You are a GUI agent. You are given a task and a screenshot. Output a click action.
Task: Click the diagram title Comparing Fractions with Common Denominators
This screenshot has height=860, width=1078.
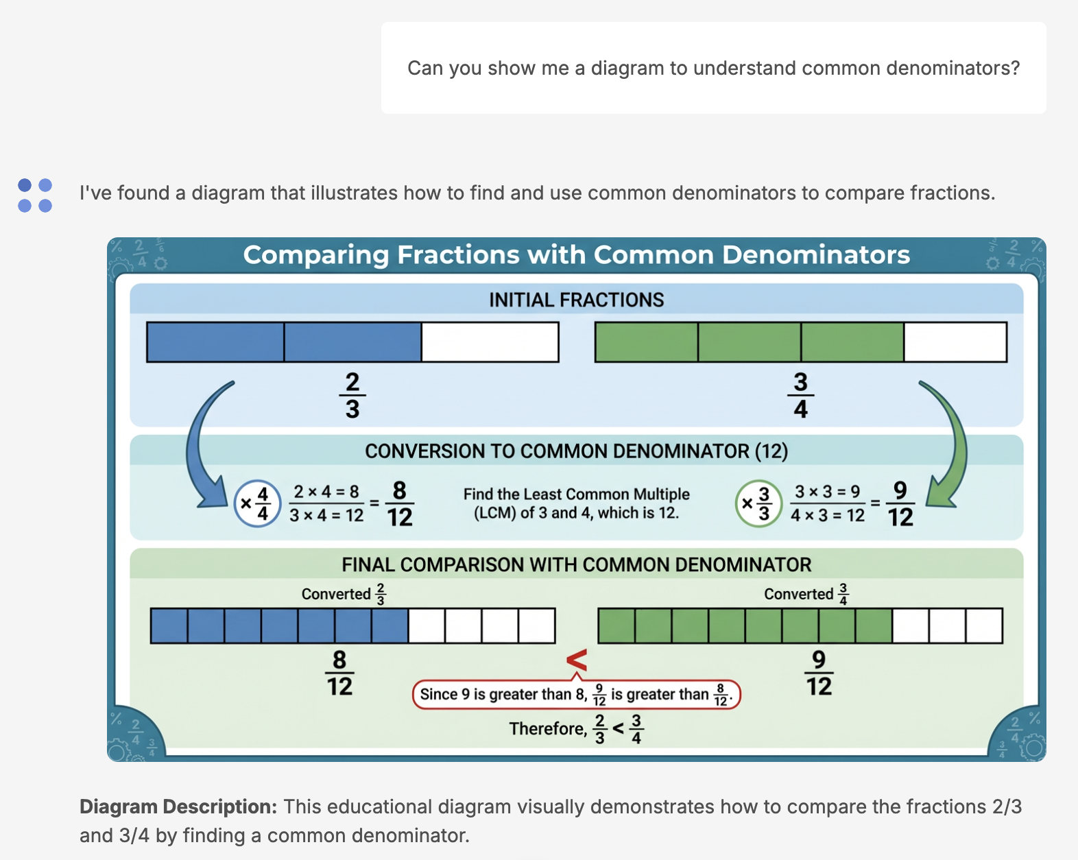[576, 255]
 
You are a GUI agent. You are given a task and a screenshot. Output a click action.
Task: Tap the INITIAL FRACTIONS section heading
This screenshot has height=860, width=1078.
[576, 300]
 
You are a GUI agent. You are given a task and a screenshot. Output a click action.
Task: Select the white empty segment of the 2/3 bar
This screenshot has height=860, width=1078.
[490, 342]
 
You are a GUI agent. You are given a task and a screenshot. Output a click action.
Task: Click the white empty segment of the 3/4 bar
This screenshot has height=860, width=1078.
[955, 342]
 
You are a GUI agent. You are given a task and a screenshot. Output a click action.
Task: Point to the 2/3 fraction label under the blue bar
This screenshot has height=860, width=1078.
[352, 396]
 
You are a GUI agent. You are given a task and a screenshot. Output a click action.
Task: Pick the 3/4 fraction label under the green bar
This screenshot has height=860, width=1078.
[800, 396]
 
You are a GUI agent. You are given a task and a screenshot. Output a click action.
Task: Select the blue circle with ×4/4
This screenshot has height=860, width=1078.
[257, 503]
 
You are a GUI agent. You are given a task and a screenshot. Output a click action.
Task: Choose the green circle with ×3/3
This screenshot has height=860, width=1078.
[758, 503]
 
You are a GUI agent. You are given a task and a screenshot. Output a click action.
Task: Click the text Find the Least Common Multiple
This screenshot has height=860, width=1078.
[576, 494]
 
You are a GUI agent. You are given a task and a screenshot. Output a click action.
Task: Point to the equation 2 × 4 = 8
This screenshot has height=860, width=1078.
[326, 492]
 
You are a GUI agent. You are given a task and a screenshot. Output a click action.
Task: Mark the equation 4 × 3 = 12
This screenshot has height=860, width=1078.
[828, 516]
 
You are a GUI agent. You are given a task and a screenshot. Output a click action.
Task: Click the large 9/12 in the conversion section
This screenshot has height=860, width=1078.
[900, 503]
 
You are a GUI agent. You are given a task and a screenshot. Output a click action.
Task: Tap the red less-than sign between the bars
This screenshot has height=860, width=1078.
[577, 660]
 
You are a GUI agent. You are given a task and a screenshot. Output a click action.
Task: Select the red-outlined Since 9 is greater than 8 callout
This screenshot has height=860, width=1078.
[576, 694]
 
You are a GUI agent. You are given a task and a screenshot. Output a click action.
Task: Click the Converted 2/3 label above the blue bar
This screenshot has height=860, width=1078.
[344, 594]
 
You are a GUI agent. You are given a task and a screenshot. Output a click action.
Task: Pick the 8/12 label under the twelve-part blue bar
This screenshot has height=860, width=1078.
[339, 673]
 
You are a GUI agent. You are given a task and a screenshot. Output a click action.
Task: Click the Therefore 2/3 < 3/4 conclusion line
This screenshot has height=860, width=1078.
[576, 729]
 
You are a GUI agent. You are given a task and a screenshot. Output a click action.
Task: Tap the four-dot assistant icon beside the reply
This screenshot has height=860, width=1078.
[35, 195]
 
